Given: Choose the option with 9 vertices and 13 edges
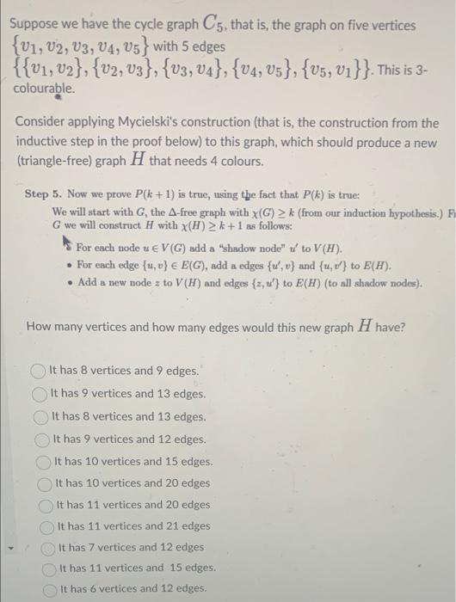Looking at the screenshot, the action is click(x=41, y=394).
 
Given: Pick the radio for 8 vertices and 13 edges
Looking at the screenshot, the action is click(x=42, y=416).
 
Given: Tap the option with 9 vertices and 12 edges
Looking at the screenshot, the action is click(x=43, y=439).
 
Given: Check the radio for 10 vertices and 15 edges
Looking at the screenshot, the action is click(x=45, y=461).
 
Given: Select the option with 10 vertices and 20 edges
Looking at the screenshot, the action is click(x=46, y=483).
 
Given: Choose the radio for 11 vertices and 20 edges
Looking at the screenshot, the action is click(x=46, y=505).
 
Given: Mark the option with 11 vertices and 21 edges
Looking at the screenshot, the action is click(x=47, y=525).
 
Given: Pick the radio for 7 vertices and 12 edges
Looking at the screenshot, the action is click(x=48, y=547).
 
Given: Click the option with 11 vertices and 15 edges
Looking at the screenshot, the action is click(x=50, y=568).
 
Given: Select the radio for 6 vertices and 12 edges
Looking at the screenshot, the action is click(x=51, y=589).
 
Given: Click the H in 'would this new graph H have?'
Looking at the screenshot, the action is click(x=384, y=327).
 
